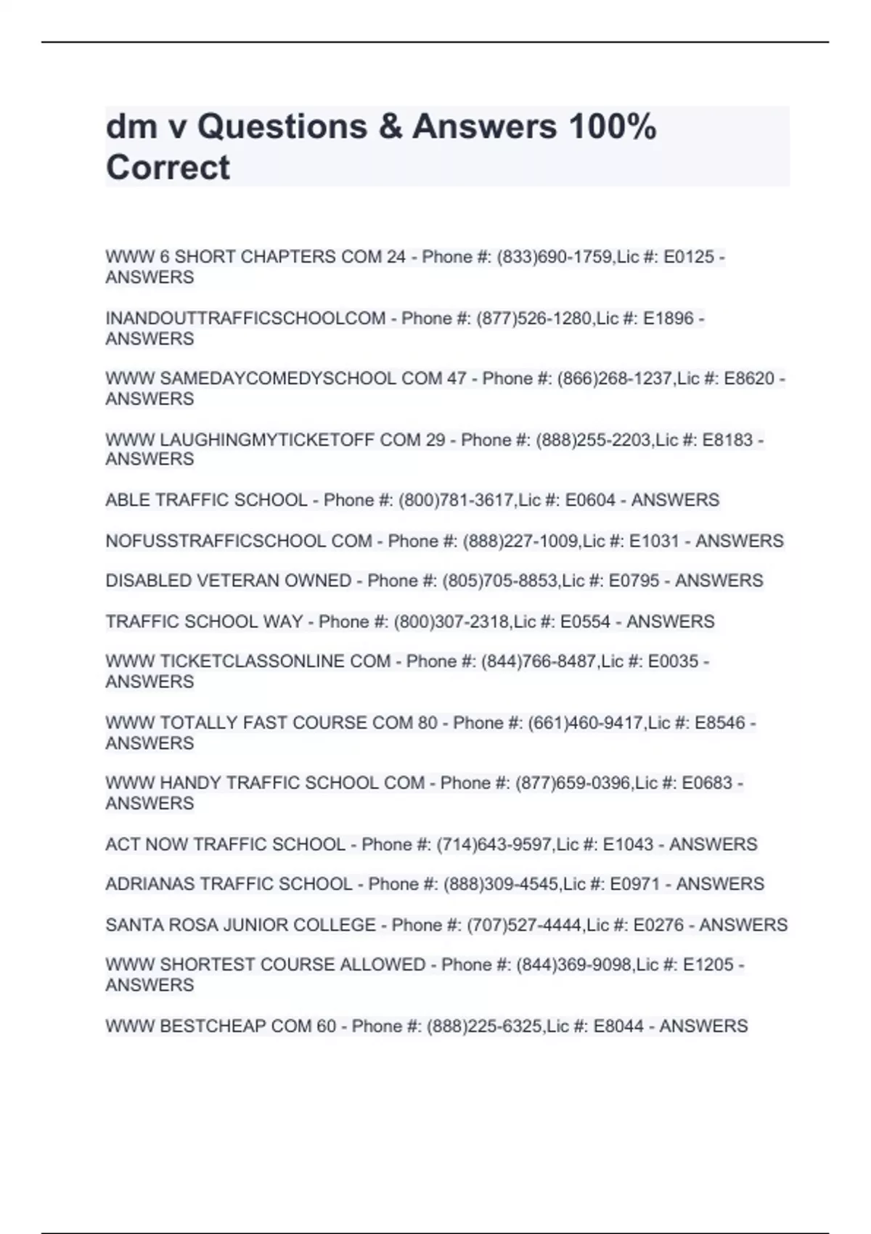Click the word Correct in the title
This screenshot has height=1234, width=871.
(168, 168)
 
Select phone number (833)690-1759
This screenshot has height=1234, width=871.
(555, 257)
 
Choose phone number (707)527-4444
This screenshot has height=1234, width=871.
(524, 925)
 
